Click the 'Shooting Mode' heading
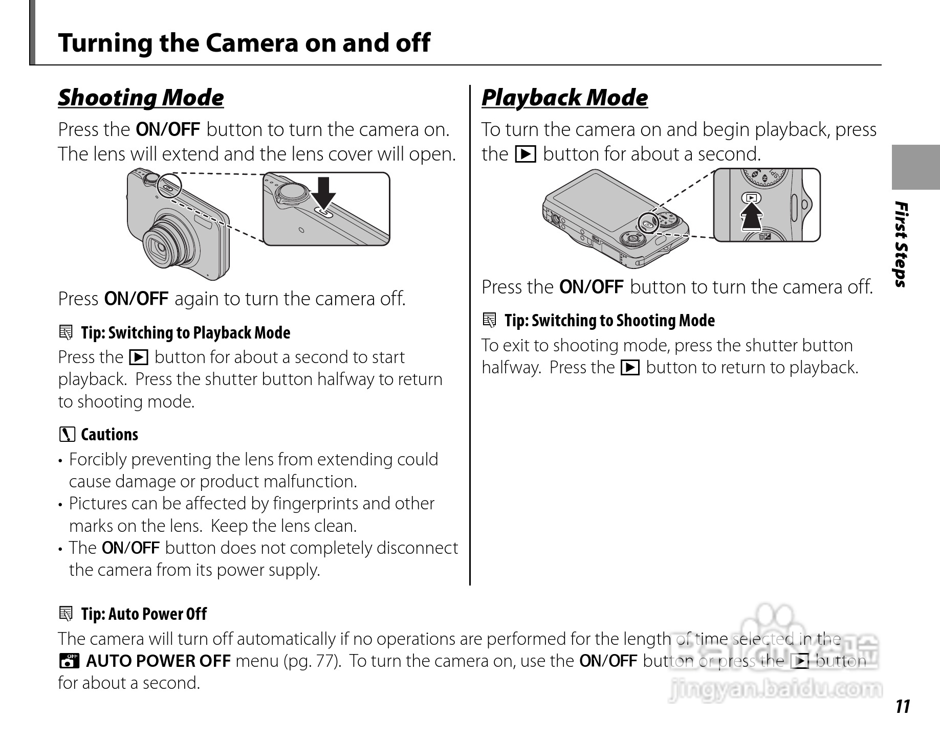click(x=141, y=98)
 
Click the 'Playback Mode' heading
click(x=564, y=98)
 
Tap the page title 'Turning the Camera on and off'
click(x=244, y=42)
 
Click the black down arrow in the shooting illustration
click(x=324, y=193)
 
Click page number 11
click(x=903, y=706)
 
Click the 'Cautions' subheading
click(x=110, y=435)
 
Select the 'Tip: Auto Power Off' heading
click(x=144, y=614)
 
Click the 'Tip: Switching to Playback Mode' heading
click(x=185, y=333)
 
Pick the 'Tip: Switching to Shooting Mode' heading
click(x=609, y=321)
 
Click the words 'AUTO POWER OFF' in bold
click(x=158, y=661)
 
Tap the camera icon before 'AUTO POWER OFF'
click(x=68, y=661)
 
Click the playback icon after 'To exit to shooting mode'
click(x=630, y=368)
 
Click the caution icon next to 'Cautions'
click(x=67, y=435)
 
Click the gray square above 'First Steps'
click(x=915, y=167)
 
